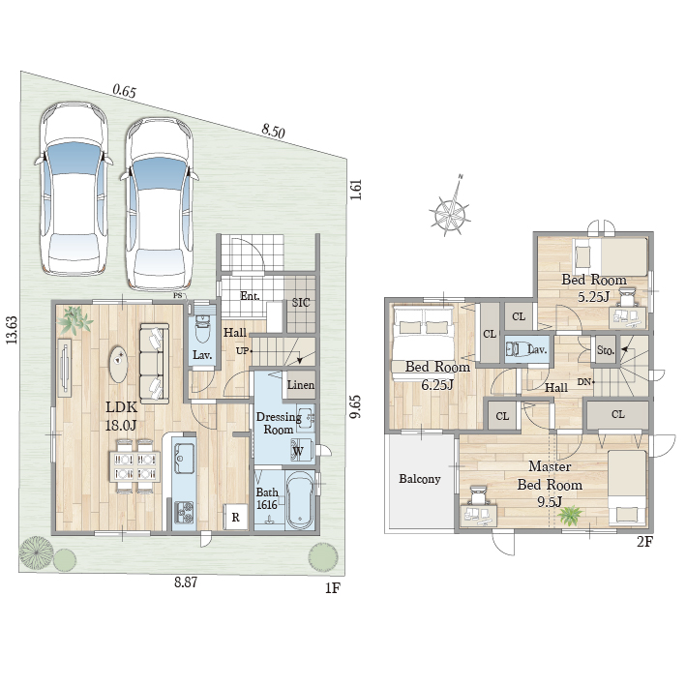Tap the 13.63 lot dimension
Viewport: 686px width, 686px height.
[x=13, y=330]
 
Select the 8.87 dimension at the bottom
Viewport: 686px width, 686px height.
[x=186, y=582]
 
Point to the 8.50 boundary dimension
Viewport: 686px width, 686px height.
[x=274, y=131]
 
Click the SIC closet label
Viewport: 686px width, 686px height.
[x=301, y=302]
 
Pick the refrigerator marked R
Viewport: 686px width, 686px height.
[x=236, y=518]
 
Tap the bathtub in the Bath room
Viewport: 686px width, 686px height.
[x=299, y=500]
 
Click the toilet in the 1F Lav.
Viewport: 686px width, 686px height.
[x=202, y=327]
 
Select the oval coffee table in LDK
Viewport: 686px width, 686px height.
[x=119, y=364]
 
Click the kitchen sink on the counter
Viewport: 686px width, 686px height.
[x=184, y=458]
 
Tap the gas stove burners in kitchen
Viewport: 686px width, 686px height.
[x=184, y=513]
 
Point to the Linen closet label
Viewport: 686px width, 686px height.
[x=301, y=385]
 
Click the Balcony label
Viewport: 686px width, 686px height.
[x=420, y=479]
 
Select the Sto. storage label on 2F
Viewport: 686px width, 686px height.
[x=606, y=350]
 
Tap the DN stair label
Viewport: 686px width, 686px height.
[x=584, y=382]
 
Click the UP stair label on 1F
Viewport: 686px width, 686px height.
[x=243, y=351]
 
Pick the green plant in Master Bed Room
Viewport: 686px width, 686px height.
[x=569, y=516]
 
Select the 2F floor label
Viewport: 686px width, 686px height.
[x=644, y=542]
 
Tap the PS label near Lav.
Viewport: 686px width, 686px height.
[x=177, y=295]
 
